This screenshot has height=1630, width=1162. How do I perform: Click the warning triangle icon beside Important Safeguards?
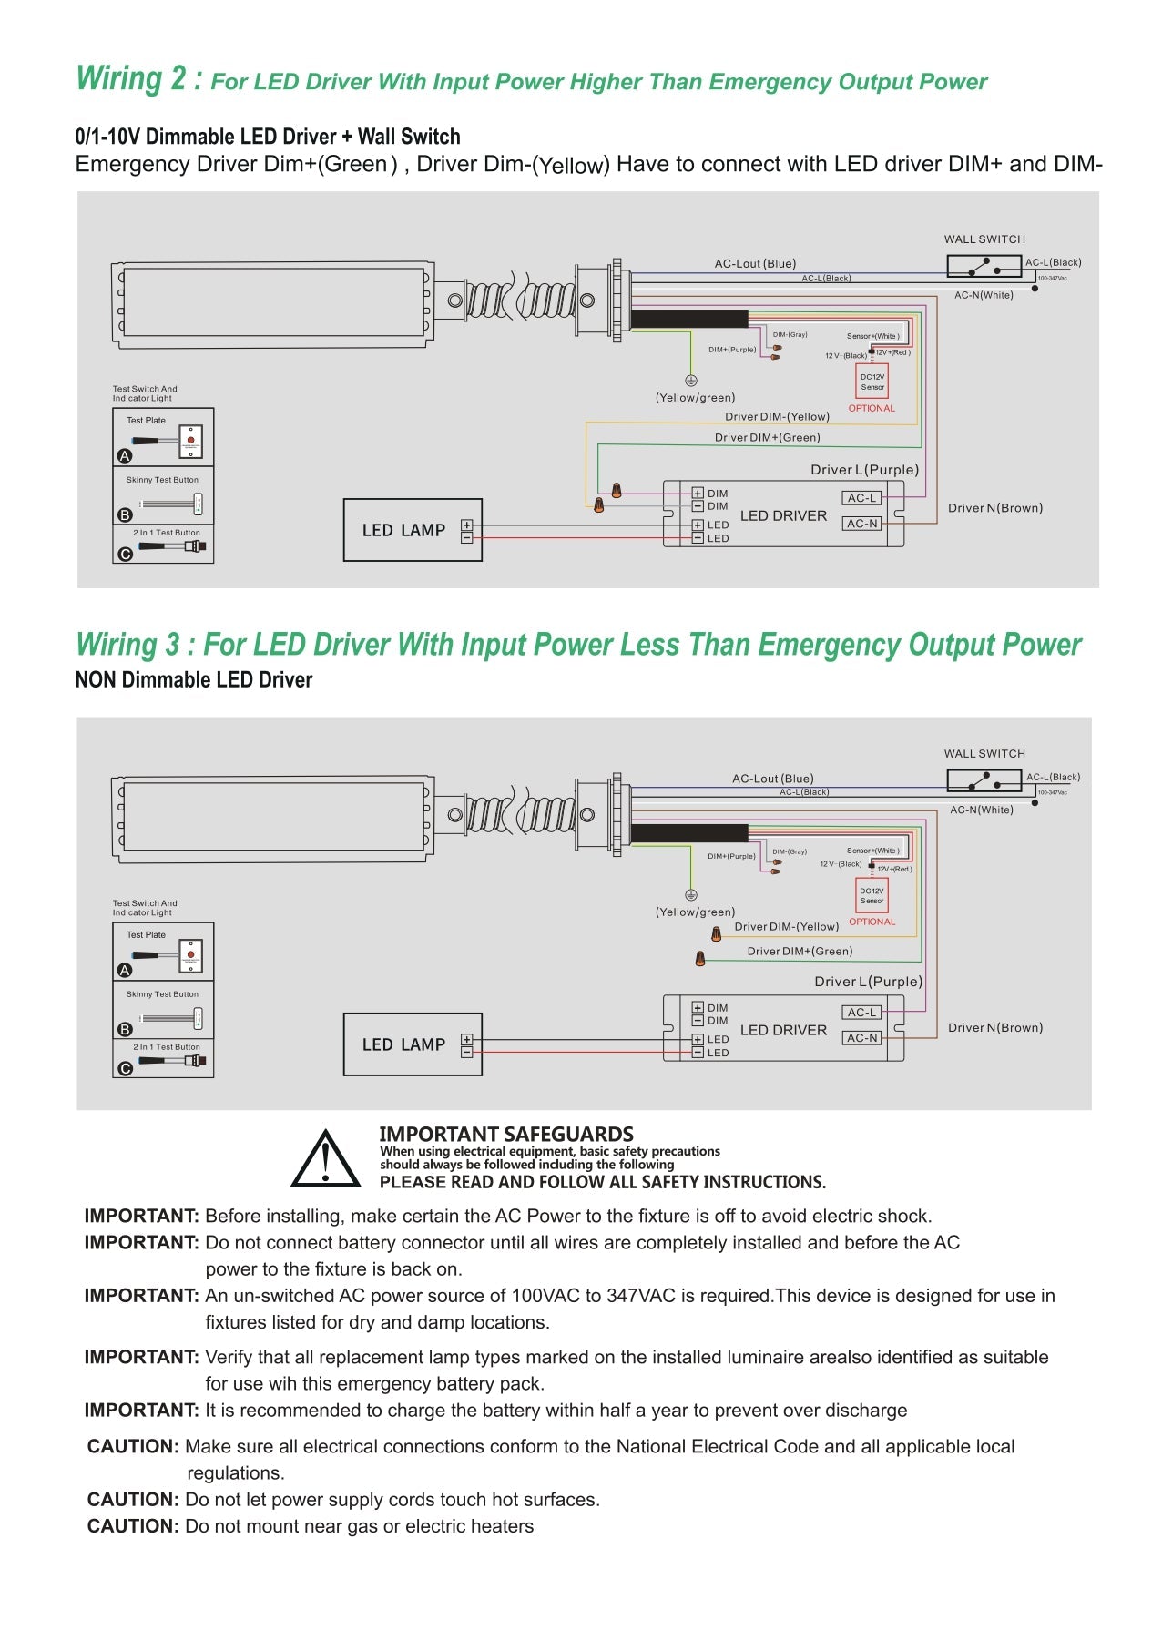tap(325, 1159)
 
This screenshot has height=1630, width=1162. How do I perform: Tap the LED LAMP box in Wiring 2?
tap(413, 530)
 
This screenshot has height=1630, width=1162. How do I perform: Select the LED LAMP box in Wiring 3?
tap(413, 1044)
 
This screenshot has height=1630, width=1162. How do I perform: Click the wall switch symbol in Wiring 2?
tap(984, 266)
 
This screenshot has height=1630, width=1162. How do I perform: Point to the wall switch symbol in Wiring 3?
tap(984, 780)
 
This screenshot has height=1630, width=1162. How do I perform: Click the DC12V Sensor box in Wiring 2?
tap(872, 382)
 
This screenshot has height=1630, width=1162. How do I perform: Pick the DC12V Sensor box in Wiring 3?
tap(871, 896)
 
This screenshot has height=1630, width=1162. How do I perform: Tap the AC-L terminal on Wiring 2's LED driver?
tap(861, 498)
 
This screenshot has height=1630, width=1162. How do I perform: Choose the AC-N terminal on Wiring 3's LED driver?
tap(861, 1038)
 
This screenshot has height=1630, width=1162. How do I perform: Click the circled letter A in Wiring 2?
tap(125, 455)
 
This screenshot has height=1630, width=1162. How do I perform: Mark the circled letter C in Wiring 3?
tap(125, 1068)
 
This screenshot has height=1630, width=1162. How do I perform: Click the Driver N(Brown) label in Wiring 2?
tap(994, 508)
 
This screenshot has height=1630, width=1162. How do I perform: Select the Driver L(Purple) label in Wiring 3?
tap(868, 982)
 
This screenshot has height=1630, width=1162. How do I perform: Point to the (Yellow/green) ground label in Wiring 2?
tap(695, 398)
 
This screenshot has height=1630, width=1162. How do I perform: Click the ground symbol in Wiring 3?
tap(691, 895)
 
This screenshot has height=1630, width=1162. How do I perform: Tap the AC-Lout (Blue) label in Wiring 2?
tap(755, 264)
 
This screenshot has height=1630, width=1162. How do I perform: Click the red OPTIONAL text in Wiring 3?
tap(871, 922)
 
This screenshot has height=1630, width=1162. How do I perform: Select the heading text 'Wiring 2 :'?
tap(139, 79)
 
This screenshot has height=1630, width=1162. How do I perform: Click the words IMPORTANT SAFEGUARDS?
tap(505, 1134)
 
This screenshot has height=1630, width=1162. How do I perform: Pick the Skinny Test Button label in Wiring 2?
tap(162, 480)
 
